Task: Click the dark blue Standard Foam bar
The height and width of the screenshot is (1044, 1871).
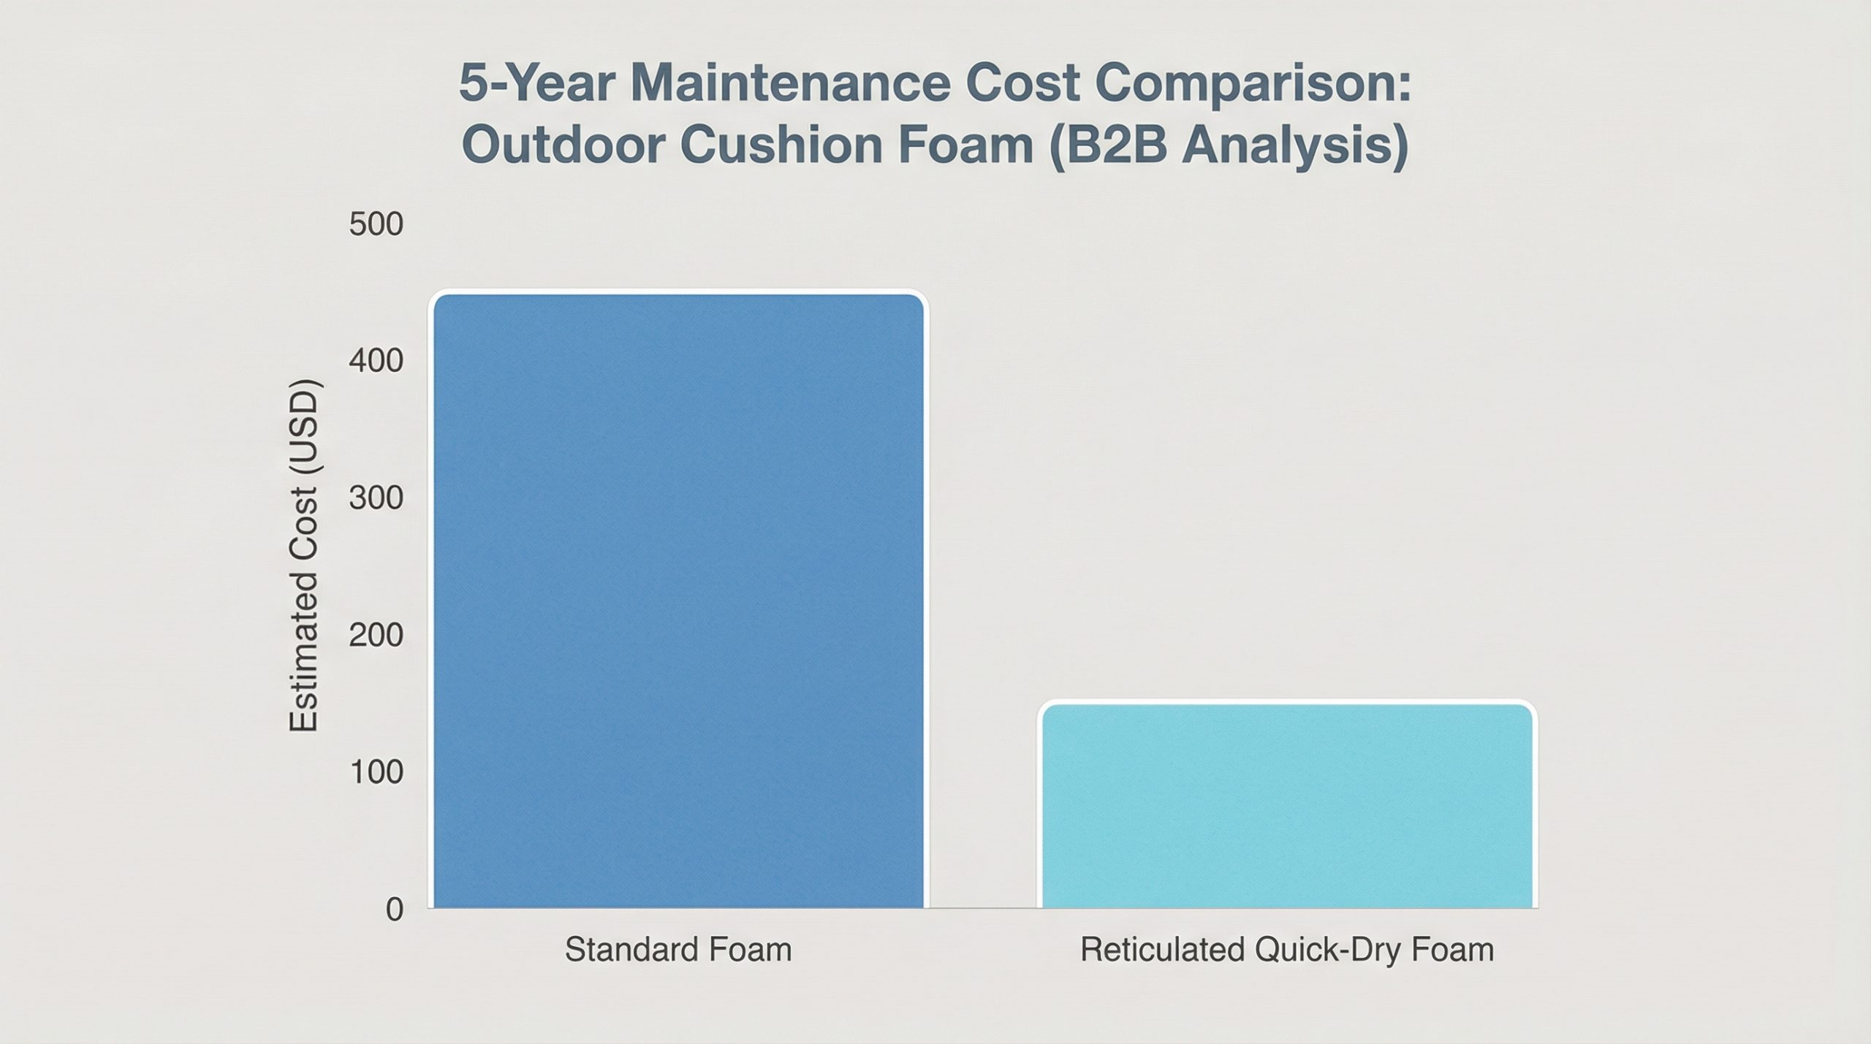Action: tap(678, 601)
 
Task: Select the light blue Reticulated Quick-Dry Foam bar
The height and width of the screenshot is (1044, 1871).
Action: tap(1287, 805)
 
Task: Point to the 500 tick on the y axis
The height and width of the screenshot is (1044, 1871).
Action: tap(376, 224)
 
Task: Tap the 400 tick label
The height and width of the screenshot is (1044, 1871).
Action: tap(376, 361)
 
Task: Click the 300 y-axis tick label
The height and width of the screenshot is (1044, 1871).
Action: tap(376, 498)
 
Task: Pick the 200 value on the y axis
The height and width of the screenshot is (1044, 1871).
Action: tap(376, 635)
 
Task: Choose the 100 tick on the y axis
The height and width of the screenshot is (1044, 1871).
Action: tap(376, 772)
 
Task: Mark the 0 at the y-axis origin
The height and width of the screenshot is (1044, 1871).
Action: tap(395, 910)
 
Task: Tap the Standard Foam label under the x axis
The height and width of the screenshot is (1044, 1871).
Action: tap(678, 950)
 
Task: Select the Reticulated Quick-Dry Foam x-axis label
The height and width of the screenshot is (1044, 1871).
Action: tap(1287, 950)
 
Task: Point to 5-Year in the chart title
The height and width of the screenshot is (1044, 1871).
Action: tap(538, 84)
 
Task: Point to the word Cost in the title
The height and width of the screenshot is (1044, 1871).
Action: tap(1021, 84)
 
